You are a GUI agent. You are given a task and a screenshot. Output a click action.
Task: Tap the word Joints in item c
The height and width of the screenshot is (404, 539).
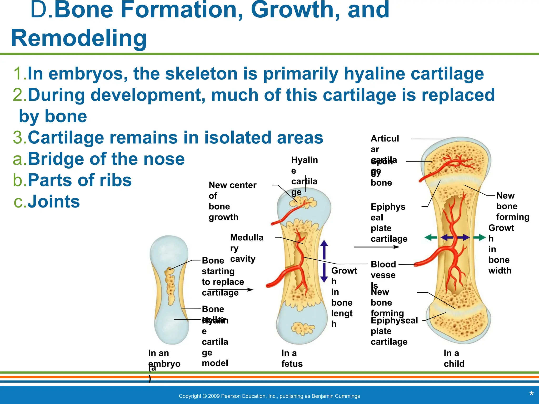[x=53, y=201]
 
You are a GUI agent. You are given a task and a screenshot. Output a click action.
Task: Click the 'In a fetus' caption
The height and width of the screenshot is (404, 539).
[x=292, y=358]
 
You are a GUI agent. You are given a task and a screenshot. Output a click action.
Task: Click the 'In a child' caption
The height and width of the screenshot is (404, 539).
[x=454, y=358]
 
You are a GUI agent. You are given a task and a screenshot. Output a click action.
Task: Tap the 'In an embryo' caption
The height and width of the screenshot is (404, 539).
[x=164, y=358]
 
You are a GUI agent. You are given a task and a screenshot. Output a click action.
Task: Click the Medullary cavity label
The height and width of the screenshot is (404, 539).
[x=246, y=248]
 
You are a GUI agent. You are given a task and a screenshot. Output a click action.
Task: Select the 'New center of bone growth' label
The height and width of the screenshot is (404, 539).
[x=232, y=201]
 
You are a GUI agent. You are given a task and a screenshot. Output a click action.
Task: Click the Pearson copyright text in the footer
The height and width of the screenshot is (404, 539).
[x=269, y=396]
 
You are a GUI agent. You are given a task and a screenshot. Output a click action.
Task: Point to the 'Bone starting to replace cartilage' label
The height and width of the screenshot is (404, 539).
[x=222, y=276]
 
